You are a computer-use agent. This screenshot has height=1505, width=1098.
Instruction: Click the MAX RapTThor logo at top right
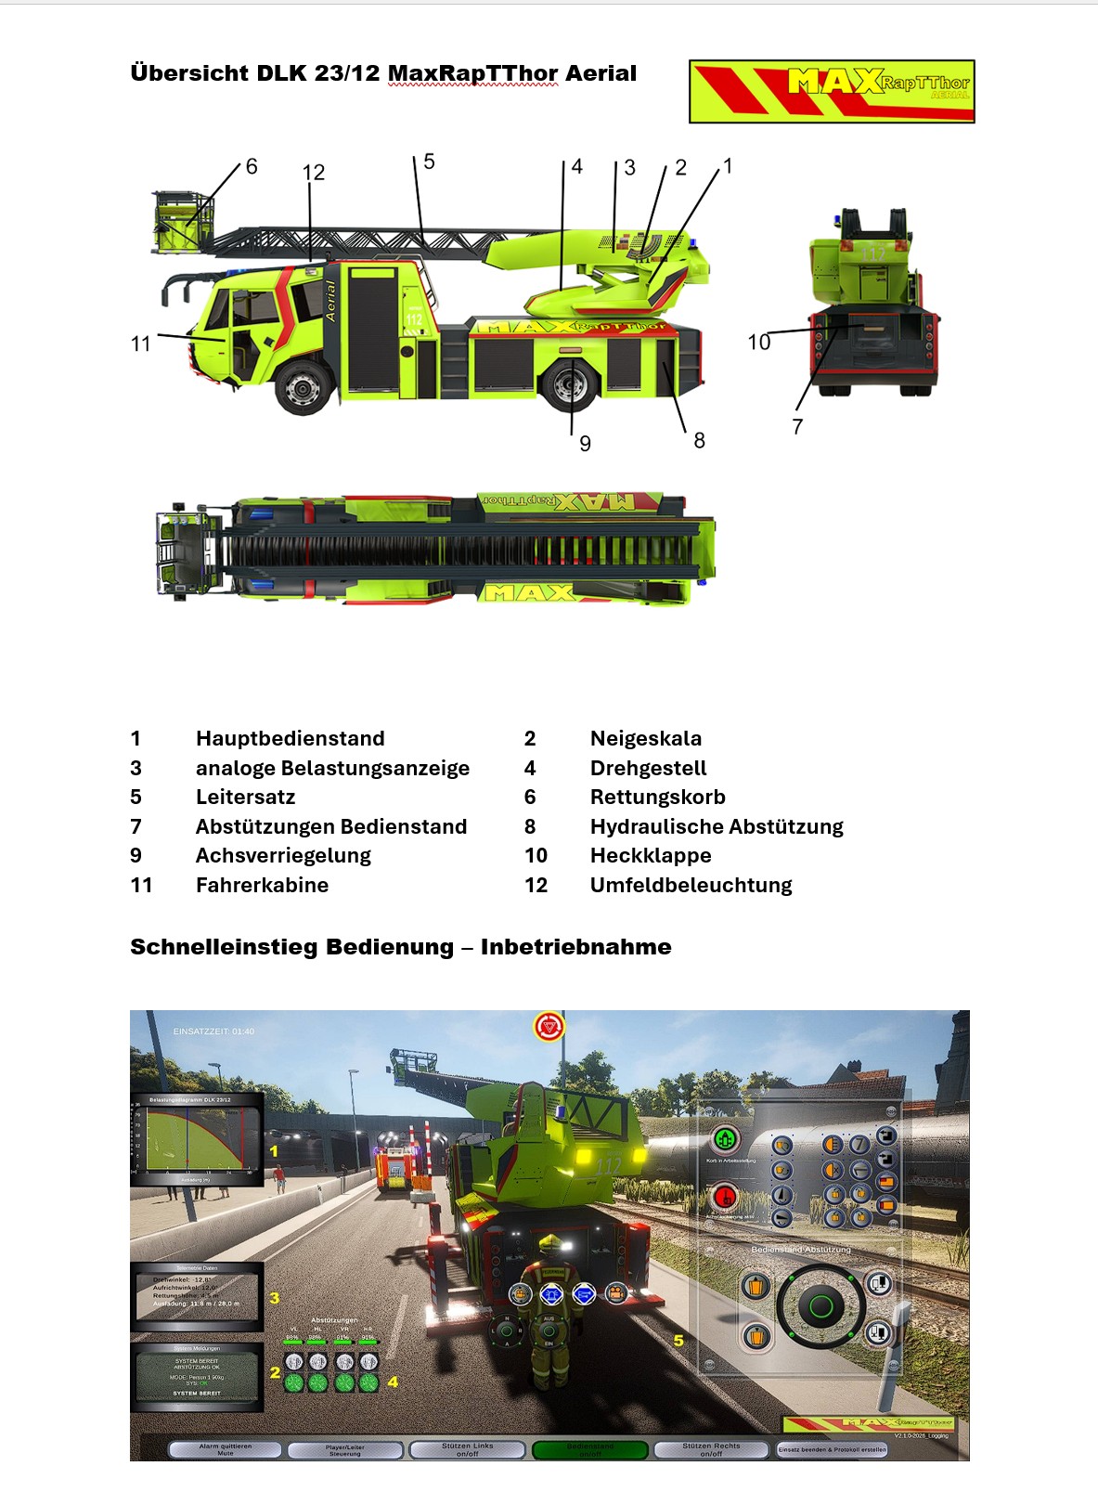[832, 91]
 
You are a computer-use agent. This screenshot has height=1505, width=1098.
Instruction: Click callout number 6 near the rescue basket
[251, 167]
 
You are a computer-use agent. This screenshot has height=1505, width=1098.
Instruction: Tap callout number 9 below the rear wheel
[585, 444]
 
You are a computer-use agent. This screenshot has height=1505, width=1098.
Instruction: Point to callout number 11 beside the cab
[140, 344]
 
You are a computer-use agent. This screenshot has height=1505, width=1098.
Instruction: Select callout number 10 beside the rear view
[758, 343]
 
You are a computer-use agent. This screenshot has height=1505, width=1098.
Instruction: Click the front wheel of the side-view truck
[304, 386]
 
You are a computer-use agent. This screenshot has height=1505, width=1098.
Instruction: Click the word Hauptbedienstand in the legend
[290, 738]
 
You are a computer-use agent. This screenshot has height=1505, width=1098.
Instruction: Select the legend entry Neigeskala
[645, 738]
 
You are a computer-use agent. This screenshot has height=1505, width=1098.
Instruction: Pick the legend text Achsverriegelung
[283, 855]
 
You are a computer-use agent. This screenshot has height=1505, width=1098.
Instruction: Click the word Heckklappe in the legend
[650, 855]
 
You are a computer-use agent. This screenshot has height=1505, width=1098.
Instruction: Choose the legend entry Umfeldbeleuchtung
[691, 885]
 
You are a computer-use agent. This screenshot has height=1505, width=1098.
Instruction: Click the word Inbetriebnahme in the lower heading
[575, 947]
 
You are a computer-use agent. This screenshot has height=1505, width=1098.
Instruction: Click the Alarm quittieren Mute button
[225, 1449]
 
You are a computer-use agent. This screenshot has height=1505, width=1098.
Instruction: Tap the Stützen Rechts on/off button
[711, 1449]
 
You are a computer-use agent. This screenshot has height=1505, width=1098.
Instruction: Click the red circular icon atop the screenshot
[549, 1027]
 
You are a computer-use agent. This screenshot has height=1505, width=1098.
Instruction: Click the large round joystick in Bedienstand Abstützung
[820, 1307]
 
